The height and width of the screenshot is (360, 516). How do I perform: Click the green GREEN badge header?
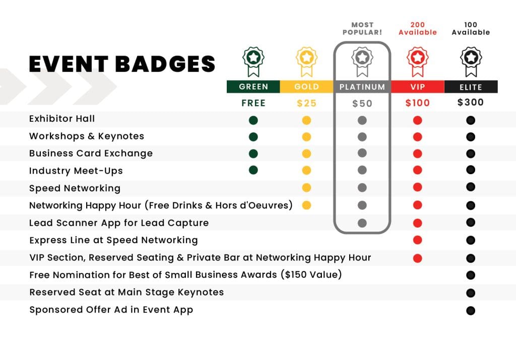click(253, 87)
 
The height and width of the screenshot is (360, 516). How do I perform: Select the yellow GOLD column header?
click(306, 87)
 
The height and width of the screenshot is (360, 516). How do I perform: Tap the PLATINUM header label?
click(362, 87)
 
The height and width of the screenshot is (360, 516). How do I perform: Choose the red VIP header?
click(418, 87)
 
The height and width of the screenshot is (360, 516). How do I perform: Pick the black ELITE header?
click(471, 87)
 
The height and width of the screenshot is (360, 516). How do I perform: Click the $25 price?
click(306, 103)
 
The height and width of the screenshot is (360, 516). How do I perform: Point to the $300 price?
click(471, 102)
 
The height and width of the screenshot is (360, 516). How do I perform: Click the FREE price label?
click(253, 103)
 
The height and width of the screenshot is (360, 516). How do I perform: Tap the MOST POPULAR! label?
click(362, 29)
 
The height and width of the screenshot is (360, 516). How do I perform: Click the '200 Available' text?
click(418, 29)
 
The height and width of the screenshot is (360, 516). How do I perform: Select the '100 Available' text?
click(471, 29)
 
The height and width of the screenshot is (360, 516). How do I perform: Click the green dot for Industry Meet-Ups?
click(253, 170)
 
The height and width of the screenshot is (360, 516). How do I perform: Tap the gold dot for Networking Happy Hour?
click(306, 205)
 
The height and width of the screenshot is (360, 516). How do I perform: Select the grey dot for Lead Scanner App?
click(362, 223)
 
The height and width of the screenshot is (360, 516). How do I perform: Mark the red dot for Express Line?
click(418, 240)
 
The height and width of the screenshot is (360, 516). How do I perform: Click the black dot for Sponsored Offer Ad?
click(471, 310)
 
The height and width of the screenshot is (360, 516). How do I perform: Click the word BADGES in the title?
click(165, 64)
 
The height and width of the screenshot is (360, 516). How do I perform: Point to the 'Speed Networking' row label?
click(75, 188)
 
